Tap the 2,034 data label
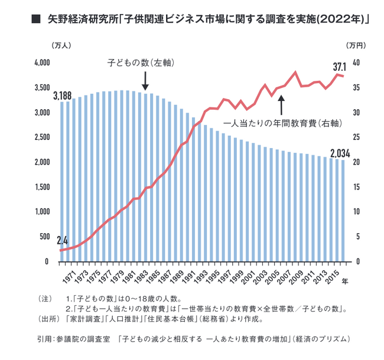[340, 153]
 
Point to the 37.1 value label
[340, 66]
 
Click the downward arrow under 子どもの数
[145, 80]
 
